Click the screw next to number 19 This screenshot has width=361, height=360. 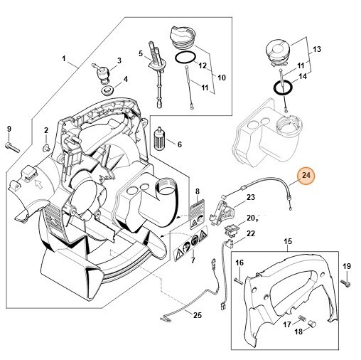pyautogui.click(x=344, y=284)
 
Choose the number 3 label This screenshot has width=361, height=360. pyautogui.click(x=119, y=60)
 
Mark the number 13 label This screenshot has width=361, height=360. pyautogui.click(x=317, y=49)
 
